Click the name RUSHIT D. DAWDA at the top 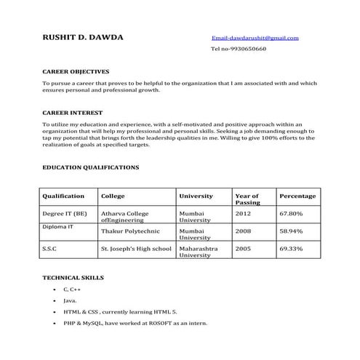click(83, 37)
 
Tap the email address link click(255, 37)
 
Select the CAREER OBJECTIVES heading click(76, 72)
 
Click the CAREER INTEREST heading click(72, 113)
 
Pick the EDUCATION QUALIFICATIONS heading click(91, 167)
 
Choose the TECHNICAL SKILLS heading click(73, 278)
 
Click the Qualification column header click(64, 196)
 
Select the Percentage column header click(297, 196)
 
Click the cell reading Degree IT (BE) click(65, 214)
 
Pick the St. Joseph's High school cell click(136, 249)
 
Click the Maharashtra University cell click(198, 252)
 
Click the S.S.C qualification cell click(52, 249)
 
